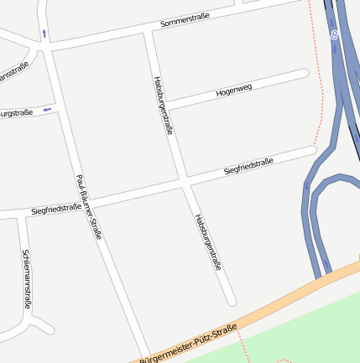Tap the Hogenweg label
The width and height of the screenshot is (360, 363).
(x=233, y=88)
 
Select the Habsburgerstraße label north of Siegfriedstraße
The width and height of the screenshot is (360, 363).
(x=163, y=105)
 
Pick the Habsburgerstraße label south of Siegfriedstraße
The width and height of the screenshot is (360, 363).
(x=208, y=241)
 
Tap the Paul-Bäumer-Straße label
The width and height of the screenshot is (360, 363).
(x=88, y=206)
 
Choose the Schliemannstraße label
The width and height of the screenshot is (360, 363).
(x=27, y=279)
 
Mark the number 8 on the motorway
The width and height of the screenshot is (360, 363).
(x=334, y=35)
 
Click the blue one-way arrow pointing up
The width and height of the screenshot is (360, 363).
(x=44, y=34)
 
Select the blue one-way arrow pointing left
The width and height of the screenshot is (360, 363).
(x=47, y=108)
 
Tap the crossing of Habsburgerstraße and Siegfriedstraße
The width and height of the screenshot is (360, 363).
(x=184, y=181)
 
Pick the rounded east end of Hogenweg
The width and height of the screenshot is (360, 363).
(x=305, y=74)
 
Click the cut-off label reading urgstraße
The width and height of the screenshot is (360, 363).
(x=17, y=112)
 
